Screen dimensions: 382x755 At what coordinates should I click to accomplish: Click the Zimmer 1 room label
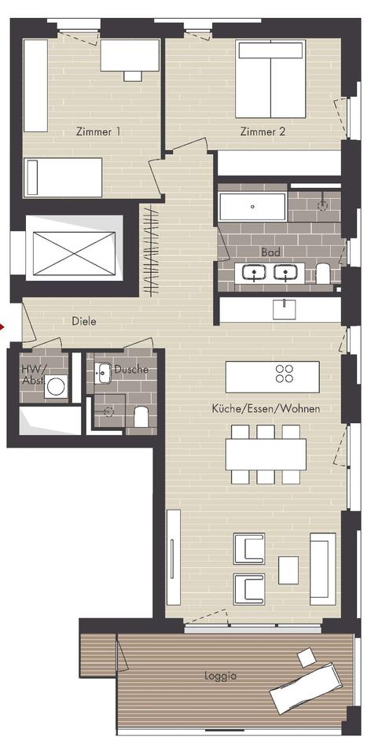[x=98, y=131]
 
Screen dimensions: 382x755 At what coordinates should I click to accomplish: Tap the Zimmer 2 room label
[x=263, y=131]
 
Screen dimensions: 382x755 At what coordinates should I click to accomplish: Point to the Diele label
[x=84, y=321]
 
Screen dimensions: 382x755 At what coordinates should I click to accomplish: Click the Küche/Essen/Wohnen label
[x=266, y=409]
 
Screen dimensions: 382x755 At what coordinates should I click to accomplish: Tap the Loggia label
[x=220, y=676]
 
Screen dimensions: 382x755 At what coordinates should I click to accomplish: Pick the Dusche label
[x=131, y=370]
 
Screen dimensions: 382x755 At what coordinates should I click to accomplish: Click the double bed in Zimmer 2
[x=270, y=79]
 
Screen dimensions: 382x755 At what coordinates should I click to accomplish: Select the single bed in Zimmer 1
[x=63, y=177]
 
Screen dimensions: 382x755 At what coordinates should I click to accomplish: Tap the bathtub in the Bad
[x=253, y=207]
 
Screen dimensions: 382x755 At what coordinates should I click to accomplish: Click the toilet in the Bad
[x=323, y=274]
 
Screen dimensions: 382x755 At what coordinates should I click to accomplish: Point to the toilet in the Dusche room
[x=141, y=417]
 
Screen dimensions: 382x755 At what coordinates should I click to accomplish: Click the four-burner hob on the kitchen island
[x=285, y=374]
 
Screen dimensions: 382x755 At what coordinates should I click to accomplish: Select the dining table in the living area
[x=266, y=454]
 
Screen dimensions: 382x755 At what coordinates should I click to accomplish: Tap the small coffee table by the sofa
[x=288, y=570]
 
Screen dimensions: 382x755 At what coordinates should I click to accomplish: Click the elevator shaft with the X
[x=75, y=249]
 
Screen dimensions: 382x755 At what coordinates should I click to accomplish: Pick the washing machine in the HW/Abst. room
[x=56, y=387]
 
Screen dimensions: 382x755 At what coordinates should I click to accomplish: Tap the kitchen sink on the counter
[x=285, y=309]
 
